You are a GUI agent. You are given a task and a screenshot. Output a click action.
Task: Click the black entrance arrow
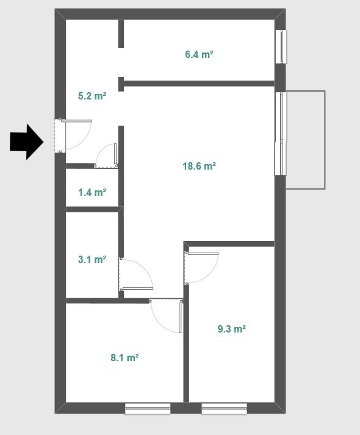tap(27, 142)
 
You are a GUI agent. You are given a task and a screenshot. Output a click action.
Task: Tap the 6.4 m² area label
tap(199, 54)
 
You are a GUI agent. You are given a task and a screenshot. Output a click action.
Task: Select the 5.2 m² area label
tap(92, 96)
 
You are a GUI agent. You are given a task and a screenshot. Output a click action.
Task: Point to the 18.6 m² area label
tap(199, 166)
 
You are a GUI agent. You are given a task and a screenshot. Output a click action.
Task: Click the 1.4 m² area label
tap(92, 192)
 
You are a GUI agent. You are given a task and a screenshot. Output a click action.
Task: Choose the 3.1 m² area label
tap(92, 259)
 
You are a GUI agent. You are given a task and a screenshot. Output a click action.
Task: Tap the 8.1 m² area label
tap(124, 358)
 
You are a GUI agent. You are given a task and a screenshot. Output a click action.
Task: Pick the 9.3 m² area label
tap(232, 329)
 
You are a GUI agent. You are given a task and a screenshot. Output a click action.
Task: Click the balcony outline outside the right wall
tap(325, 140)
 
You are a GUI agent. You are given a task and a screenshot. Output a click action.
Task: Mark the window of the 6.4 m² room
tap(281, 47)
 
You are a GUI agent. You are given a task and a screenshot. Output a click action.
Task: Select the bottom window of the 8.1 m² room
tap(148, 409)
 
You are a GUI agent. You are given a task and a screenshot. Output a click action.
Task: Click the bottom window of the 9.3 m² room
tap(224, 409)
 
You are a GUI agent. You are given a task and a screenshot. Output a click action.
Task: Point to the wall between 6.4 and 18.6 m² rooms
tap(198, 84)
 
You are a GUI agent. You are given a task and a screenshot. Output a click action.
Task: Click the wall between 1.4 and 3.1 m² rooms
tap(95, 209)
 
